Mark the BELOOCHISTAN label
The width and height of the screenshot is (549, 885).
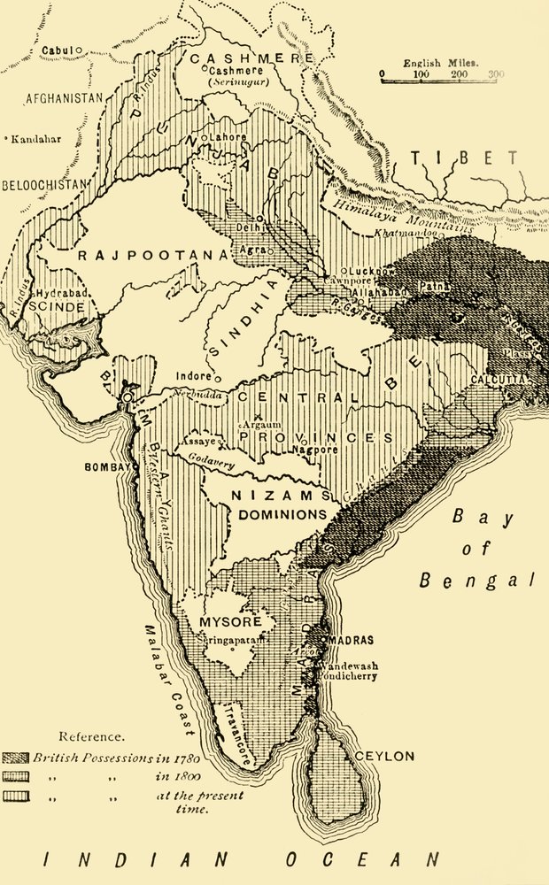point(44,184)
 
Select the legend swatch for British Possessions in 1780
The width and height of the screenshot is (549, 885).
point(18,758)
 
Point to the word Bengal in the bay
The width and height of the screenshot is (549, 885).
point(478,581)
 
